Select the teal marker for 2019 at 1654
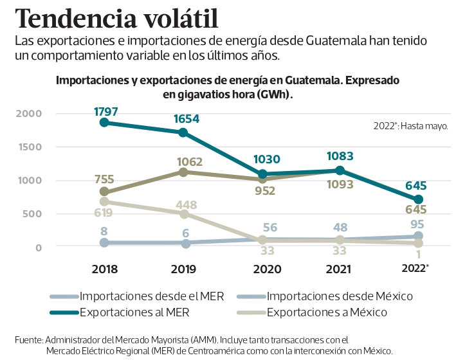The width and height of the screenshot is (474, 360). point(183,132)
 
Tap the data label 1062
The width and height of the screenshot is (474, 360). point(190,162)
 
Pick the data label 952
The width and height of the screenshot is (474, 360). point(264,191)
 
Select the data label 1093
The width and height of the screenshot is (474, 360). point(340,185)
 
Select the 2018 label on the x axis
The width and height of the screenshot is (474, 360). point(104,269)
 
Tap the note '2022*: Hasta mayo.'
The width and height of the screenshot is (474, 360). point(410,126)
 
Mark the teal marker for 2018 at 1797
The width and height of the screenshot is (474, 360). point(104,122)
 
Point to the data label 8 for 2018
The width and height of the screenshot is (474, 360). point(103,231)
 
